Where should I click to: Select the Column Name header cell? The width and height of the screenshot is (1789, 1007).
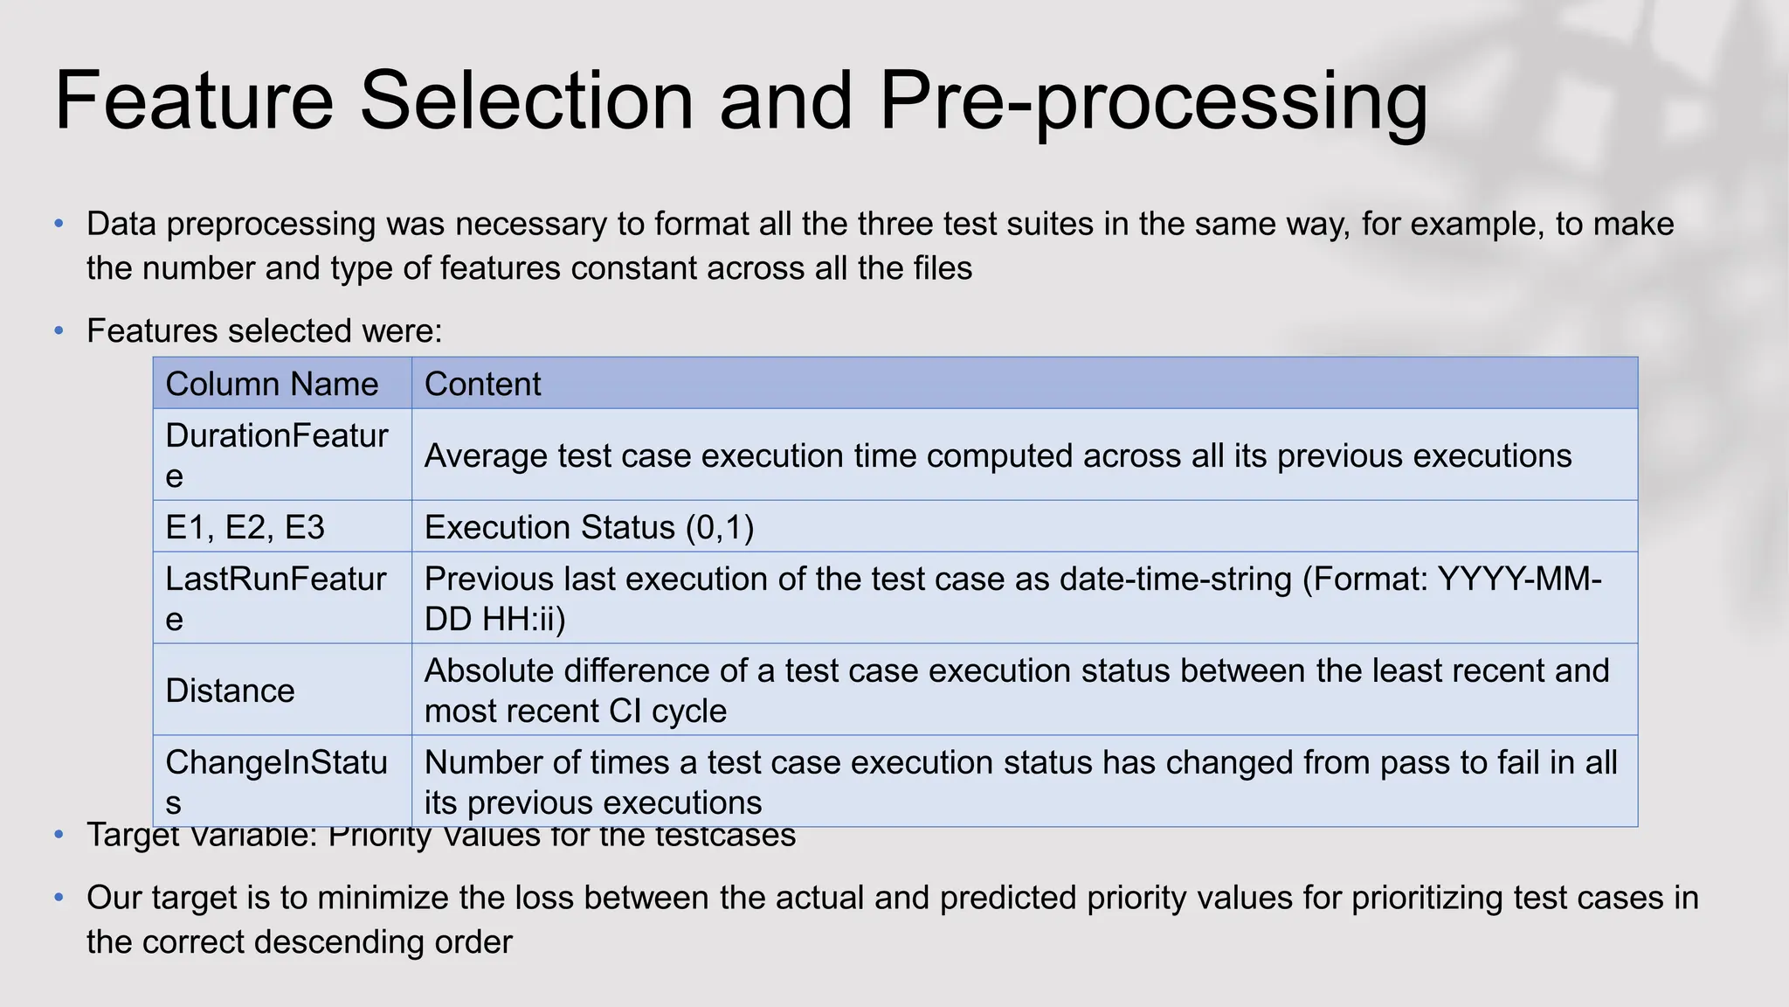(x=272, y=385)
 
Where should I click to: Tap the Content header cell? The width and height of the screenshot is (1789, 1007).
(x=482, y=385)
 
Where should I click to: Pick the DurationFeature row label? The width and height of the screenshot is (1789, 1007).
(x=276, y=455)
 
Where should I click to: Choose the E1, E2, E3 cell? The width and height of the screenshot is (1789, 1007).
(x=245, y=528)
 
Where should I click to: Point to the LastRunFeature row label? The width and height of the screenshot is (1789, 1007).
(x=276, y=598)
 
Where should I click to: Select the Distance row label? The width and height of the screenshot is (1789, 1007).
(x=230, y=691)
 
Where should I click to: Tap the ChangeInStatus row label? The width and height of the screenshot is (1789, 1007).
(x=276, y=781)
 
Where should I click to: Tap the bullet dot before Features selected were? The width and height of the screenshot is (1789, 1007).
(x=59, y=331)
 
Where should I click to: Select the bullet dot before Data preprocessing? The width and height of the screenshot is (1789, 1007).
(x=59, y=225)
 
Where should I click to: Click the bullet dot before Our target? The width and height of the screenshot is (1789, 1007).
(x=59, y=898)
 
